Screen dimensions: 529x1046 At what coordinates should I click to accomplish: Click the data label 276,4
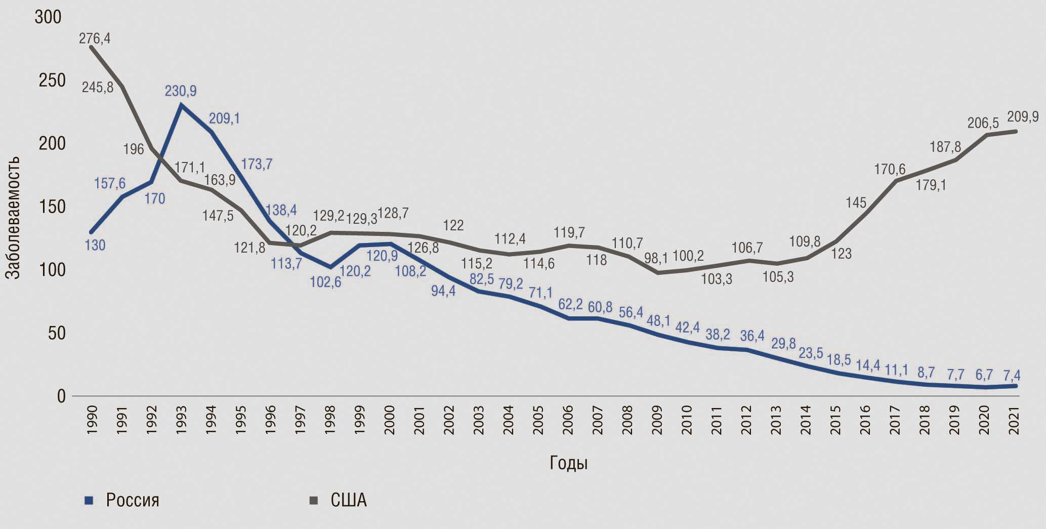pos(95,38)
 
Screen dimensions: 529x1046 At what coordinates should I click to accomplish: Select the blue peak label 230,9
pos(181,91)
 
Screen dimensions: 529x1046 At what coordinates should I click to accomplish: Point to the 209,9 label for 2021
pos(1023,117)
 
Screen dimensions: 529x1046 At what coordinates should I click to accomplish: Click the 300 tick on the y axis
pos(48,18)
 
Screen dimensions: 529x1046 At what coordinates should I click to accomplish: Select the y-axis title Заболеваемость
pos(13,217)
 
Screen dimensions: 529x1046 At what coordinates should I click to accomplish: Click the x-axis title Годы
pos(568,463)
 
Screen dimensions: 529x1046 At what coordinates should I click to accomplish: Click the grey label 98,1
pos(657,259)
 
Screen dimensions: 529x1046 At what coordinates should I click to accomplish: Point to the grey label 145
pos(856,203)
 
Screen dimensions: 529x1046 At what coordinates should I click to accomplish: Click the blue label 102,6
pos(325,282)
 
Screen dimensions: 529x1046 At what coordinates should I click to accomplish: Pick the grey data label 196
pos(134,150)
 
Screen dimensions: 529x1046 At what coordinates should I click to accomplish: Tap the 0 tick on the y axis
pos(61,396)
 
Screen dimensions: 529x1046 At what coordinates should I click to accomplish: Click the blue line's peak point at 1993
pos(181,105)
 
